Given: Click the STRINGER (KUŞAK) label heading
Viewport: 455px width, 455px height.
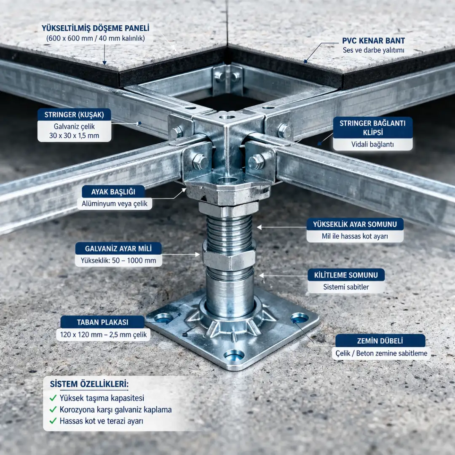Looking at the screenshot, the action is [x=74, y=115].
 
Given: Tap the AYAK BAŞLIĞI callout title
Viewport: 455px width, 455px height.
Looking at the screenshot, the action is [x=113, y=192].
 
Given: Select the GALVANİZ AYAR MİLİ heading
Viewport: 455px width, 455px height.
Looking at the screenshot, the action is [x=118, y=249].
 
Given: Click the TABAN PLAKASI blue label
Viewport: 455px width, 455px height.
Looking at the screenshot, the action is [x=102, y=322].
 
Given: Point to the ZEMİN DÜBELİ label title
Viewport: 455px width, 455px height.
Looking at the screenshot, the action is [x=380, y=341].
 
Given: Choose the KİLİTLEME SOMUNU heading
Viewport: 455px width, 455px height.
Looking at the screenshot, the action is [x=346, y=275].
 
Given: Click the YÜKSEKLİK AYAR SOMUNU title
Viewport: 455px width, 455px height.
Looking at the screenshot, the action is [x=355, y=224].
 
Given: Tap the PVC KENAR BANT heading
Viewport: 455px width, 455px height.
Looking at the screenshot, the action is [x=373, y=40].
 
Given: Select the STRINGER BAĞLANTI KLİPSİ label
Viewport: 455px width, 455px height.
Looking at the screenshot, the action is [x=373, y=128].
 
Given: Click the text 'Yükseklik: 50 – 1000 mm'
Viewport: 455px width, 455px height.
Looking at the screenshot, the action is [x=118, y=261].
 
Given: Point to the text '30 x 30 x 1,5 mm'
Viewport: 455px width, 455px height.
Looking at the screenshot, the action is [x=74, y=136].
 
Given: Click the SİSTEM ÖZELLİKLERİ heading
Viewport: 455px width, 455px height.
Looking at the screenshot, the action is [x=89, y=384].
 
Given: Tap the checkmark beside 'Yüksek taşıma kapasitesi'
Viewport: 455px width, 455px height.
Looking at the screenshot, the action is [x=53, y=398].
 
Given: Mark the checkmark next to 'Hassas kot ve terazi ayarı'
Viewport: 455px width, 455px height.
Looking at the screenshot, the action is [x=53, y=421].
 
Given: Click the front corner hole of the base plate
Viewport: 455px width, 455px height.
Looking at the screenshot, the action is [x=234, y=355].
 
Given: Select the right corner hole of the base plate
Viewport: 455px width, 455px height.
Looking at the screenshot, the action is [x=300, y=318].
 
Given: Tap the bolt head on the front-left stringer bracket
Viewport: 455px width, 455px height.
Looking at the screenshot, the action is [x=200, y=162].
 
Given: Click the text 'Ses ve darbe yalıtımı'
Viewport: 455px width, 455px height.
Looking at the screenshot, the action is [x=373, y=50].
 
